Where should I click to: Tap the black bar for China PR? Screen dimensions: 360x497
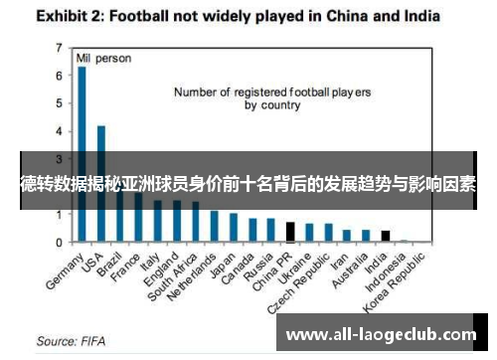coord(290,232)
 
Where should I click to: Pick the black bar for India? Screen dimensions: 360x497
coord(386,236)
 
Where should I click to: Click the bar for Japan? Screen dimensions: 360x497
coord(234,228)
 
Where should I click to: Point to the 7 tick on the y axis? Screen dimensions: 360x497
coord(60,48)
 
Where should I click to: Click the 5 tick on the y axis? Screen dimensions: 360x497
coord(60,103)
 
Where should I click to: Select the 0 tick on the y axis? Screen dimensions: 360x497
coord(60,243)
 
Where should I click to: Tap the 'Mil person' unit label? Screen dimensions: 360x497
coord(103,59)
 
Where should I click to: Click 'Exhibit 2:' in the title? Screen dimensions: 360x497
coord(75,17)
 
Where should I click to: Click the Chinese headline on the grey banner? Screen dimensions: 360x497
coord(248,185)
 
